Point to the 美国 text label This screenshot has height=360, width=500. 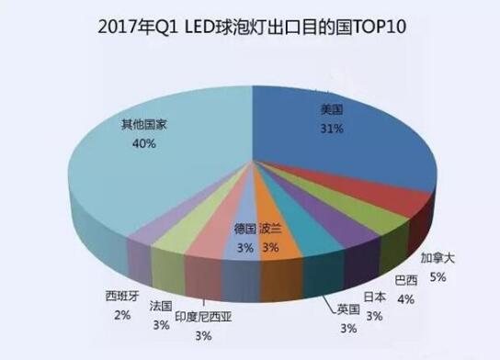coord(331,109)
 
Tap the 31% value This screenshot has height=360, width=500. coord(332,129)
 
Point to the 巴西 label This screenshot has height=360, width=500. coord(404,279)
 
